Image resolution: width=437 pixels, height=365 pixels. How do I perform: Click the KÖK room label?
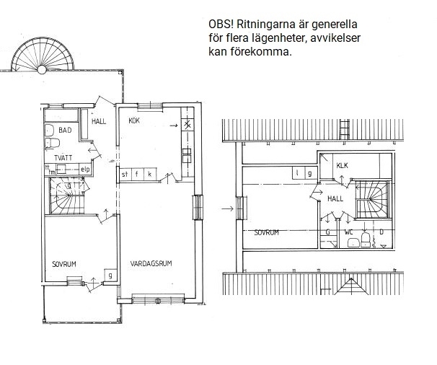[134, 120]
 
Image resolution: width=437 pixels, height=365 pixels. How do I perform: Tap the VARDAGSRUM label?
[151, 263]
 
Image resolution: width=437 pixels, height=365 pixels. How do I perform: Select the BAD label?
[65, 131]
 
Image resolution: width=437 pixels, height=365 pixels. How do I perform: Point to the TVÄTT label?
[63, 158]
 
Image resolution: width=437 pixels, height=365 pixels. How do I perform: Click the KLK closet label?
[343, 166]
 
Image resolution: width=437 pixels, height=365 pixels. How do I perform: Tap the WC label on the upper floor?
[348, 232]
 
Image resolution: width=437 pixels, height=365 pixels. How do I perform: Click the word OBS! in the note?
[221, 25]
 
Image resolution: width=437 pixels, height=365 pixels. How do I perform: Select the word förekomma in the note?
[261, 52]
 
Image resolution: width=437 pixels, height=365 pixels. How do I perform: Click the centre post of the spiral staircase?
[42, 69]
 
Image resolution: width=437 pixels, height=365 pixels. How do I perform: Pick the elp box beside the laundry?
[85, 170]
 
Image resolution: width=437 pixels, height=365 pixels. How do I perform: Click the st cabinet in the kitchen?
[125, 175]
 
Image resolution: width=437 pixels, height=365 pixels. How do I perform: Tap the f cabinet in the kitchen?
[137, 175]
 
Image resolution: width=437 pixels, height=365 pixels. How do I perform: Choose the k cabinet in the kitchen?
[150, 175]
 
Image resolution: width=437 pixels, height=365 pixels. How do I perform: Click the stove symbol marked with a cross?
[187, 125]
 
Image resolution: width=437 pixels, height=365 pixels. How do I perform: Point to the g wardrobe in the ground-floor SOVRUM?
[110, 276]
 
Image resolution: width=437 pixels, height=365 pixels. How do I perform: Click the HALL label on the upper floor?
[335, 198]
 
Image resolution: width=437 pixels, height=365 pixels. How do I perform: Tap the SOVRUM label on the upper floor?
[267, 232]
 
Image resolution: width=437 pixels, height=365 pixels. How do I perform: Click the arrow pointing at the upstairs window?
[227, 208]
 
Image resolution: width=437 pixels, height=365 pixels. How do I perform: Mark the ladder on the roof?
[345, 129]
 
